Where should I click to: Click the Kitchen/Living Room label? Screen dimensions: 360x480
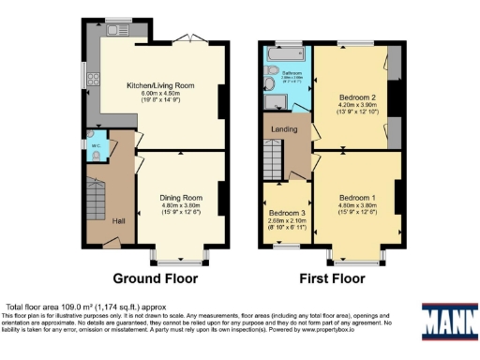tap(160, 85)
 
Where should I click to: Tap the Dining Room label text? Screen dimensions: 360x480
tap(180, 198)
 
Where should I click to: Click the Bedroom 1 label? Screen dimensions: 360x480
tap(357, 198)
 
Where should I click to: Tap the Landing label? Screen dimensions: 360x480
tap(284, 129)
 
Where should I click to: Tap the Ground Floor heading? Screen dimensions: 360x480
tap(155, 278)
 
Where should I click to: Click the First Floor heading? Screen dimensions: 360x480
tap(333, 278)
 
